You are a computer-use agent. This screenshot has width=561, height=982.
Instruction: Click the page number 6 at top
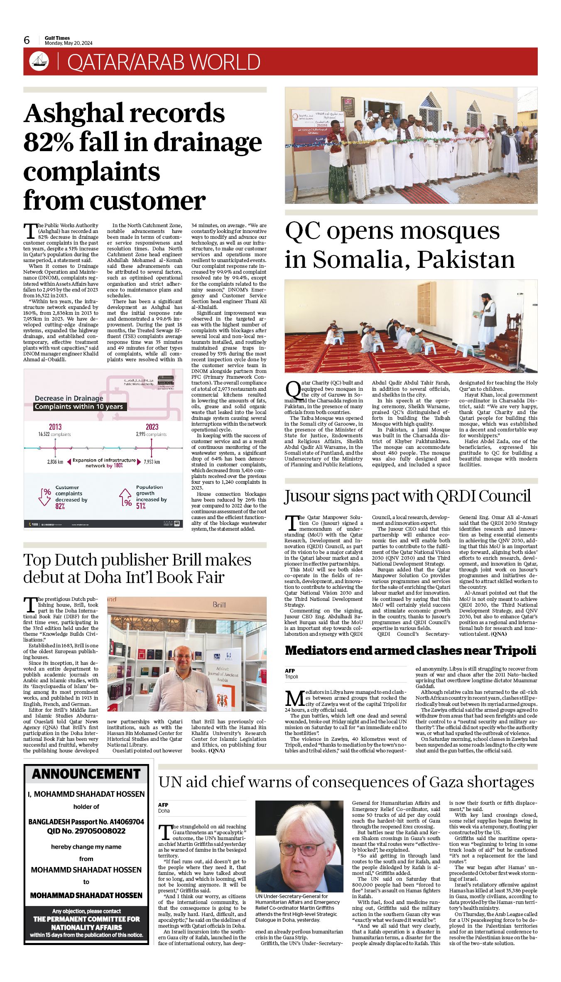point(27,40)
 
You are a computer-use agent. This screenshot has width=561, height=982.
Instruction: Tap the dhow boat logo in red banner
point(39,61)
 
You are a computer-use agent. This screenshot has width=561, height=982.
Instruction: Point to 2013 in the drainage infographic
point(55,427)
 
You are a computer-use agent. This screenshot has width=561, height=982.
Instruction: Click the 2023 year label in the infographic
point(152,427)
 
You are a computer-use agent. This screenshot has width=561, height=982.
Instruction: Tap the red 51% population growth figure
point(141,506)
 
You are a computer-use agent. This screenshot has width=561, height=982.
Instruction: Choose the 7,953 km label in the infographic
point(152,462)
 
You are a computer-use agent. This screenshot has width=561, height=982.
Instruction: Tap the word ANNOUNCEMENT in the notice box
point(86,774)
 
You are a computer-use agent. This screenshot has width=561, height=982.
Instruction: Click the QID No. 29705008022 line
point(86,831)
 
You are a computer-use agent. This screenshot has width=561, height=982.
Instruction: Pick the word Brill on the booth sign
point(219,605)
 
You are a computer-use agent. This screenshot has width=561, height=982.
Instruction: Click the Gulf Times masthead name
point(57,38)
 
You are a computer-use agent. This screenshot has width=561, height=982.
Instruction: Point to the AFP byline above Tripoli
point(290,671)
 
